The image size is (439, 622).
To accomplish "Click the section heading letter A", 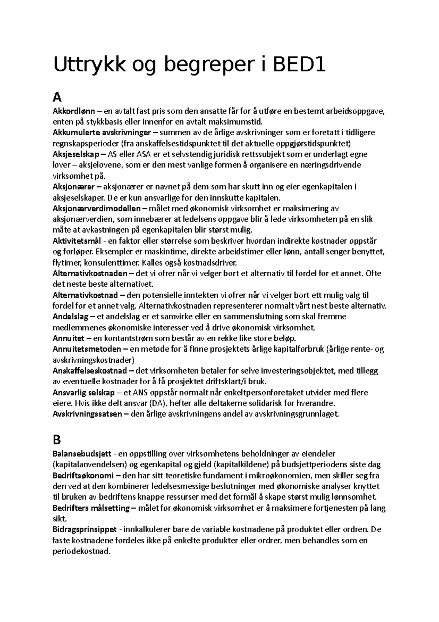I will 57,97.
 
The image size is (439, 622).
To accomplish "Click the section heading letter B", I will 57,439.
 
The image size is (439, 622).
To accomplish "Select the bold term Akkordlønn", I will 74,111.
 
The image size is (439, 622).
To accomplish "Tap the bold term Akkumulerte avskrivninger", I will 102,132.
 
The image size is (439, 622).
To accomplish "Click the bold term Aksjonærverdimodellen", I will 97,208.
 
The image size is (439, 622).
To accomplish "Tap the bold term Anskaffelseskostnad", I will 90,371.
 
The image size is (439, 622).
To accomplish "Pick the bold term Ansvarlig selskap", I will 84,393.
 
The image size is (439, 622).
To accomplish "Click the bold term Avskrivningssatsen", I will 87,414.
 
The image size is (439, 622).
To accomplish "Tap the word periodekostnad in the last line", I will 81,551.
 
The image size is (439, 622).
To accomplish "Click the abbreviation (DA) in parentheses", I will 158,403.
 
